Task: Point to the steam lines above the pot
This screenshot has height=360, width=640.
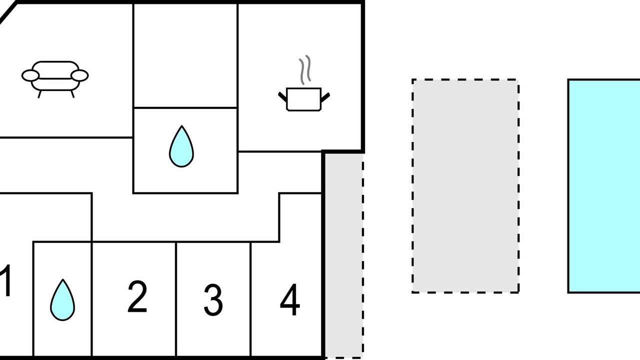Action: [305, 70]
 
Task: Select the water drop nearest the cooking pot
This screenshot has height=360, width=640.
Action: [181, 146]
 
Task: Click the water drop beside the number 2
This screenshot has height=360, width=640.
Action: [62, 300]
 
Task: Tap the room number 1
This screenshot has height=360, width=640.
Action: [5, 280]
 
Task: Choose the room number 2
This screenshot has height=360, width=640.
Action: [137, 296]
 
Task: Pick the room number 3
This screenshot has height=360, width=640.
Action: [213, 300]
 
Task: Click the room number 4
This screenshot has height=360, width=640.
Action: [290, 299]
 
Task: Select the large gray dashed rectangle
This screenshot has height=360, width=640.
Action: [465, 186]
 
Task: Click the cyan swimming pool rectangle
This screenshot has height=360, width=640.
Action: [604, 186]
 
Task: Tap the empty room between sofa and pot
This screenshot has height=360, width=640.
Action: [185, 55]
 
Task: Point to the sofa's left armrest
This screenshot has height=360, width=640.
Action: [30, 75]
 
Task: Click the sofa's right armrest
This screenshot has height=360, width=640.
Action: [79, 75]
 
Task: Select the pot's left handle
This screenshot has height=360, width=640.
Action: [282, 97]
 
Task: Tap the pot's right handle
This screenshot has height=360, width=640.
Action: [325, 97]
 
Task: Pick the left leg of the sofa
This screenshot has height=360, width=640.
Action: [39, 94]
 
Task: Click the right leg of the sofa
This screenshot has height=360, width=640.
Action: [72, 94]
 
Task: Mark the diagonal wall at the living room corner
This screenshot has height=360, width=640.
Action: [8, 12]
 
